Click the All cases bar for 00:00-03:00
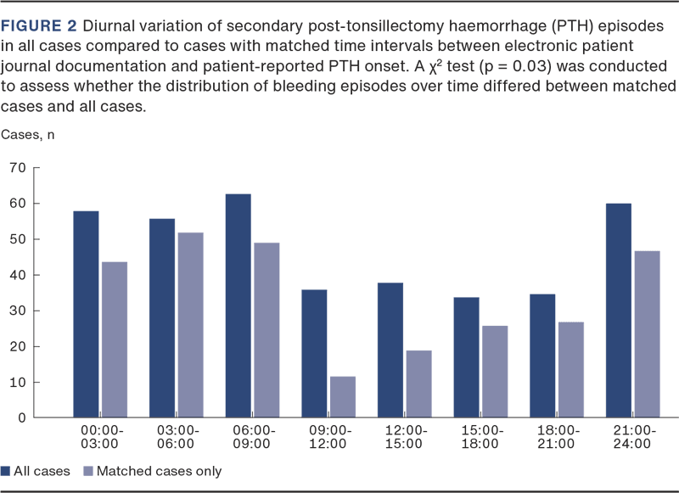pyautogui.click(x=86, y=314)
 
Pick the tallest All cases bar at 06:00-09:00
pyautogui.click(x=238, y=305)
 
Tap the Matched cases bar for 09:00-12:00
pyautogui.click(x=342, y=396)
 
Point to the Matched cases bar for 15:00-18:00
pyautogui.click(x=494, y=372)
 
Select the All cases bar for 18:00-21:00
pyautogui.click(x=542, y=356)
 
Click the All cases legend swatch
pyautogui.click(x=6, y=471)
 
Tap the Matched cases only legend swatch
pyautogui.click(x=87, y=471)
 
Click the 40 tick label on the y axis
pyautogui.click(x=18, y=275)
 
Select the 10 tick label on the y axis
pyautogui.click(x=18, y=383)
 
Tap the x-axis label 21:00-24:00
pyautogui.click(x=631, y=437)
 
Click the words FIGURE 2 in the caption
pyautogui.click(x=37, y=25)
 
